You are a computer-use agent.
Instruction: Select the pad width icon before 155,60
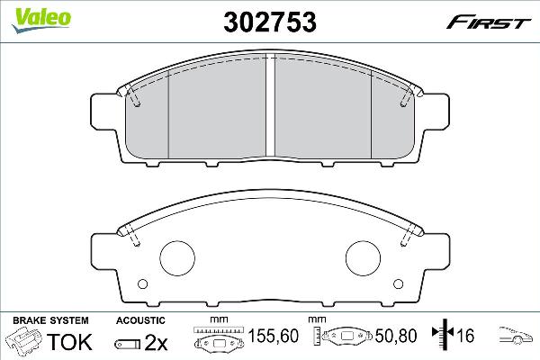[x=218, y=338]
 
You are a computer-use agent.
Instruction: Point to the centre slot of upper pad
[x=271, y=105]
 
